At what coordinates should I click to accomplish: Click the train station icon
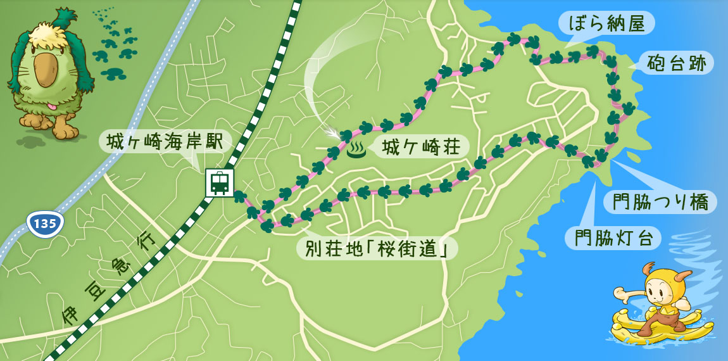[x=220, y=183]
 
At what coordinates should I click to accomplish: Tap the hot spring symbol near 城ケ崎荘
[x=356, y=150]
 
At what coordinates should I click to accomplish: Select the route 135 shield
[x=45, y=224]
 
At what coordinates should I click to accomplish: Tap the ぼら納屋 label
[x=606, y=24]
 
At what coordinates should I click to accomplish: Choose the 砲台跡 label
[x=677, y=63]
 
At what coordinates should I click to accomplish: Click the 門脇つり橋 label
[x=660, y=203]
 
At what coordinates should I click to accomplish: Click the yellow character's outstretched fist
[x=619, y=294]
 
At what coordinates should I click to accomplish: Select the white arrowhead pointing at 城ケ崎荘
[x=332, y=133]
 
